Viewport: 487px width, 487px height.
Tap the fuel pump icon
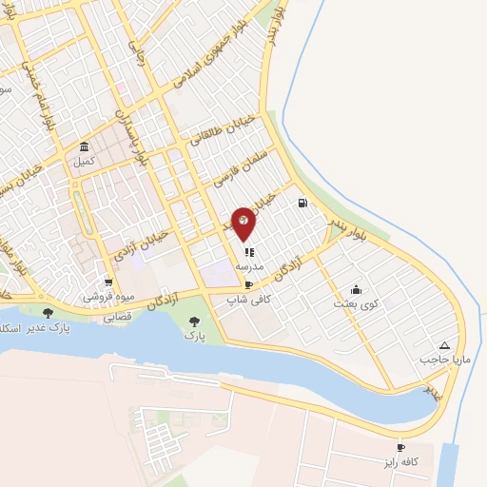pos(303,203)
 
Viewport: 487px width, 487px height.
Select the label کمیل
pos(84,162)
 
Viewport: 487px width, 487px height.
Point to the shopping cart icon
pos(108,282)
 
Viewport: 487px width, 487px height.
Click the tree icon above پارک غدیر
pos(48,312)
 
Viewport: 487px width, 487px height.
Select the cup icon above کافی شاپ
pos(248,284)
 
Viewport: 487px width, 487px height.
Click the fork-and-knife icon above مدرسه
pos(248,253)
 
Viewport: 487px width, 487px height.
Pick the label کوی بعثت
pos(356,304)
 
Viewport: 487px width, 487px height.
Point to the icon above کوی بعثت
pos(356,290)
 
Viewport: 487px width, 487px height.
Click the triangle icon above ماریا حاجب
pos(444,346)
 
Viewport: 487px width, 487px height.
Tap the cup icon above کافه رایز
pos(400,447)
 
